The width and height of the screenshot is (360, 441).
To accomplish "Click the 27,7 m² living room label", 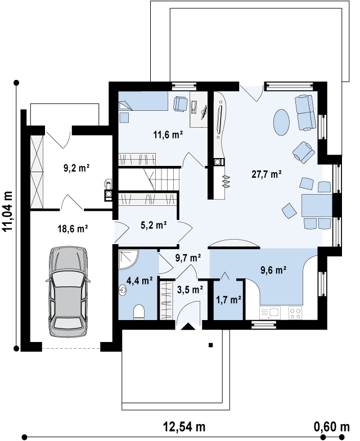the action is (x=267, y=174).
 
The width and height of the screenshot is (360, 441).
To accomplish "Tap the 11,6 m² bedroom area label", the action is (x=168, y=135).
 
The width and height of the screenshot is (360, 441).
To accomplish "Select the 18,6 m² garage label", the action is (x=73, y=228).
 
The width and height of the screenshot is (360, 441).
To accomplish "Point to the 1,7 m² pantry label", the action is (x=228, y=300).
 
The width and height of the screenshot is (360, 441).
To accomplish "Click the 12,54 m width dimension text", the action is (x=184, y=426).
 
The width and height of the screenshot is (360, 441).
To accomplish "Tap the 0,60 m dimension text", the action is (x=332, y=426).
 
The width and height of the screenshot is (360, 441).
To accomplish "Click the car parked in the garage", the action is (x=68, y=291).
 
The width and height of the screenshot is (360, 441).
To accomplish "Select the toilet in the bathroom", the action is (x=139, y=312).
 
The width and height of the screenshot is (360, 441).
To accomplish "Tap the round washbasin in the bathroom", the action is (x=123, y=290).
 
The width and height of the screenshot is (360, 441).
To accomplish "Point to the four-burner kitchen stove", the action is (x=295, y=313).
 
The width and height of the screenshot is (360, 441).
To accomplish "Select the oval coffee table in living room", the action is (x=281, y=122).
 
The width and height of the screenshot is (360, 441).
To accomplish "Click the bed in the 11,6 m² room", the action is (x=143, y=100).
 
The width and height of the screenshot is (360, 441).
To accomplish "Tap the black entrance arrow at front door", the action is (x=188, y=326).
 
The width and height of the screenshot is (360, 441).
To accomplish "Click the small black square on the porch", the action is (x=210, y=345).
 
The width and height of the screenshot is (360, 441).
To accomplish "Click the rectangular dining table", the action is (x=317, y=205).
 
